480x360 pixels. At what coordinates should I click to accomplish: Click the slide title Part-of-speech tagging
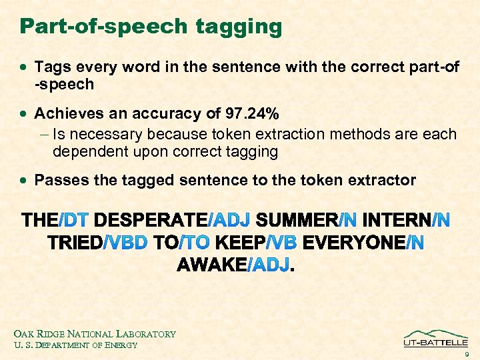click(x=151, y=27)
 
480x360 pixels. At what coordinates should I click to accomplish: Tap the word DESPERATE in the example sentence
click(x=151, y=219)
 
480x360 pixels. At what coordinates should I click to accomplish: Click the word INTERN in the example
click(x=397, y=219)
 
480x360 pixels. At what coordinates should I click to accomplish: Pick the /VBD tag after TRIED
click(x=125, y=243)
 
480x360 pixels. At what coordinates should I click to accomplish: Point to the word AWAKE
click(x=211, y=265)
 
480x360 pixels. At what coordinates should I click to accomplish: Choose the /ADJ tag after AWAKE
click(x=269, y=265)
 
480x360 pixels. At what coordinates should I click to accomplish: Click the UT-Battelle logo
click(x=435, y=338)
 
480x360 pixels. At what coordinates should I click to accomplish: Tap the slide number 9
click(x=467, y=355)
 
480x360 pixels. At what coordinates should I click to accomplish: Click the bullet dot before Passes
click(x=25, y=181)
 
